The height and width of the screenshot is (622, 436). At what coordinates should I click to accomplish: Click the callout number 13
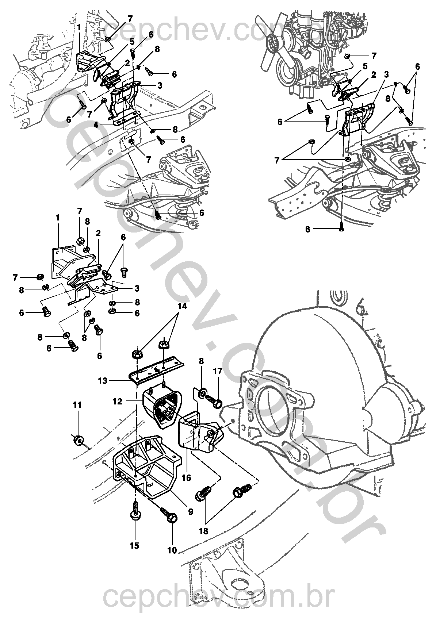tap(103, 381)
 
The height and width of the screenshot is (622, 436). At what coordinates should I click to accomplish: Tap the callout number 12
tap(118, 402)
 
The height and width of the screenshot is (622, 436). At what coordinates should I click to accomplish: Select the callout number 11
tap(77, 405)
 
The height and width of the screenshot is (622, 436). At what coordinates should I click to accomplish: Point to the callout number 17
tap(218, 371)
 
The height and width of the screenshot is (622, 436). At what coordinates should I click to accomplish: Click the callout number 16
tap(187, 477)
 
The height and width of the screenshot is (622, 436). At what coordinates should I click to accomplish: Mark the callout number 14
tap(182, 306)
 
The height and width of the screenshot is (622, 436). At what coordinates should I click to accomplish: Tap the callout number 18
tap(203, 531)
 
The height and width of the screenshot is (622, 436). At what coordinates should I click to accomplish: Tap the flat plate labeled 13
tap(156, 370)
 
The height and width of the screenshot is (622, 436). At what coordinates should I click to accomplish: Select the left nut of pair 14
tap(137, 354)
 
